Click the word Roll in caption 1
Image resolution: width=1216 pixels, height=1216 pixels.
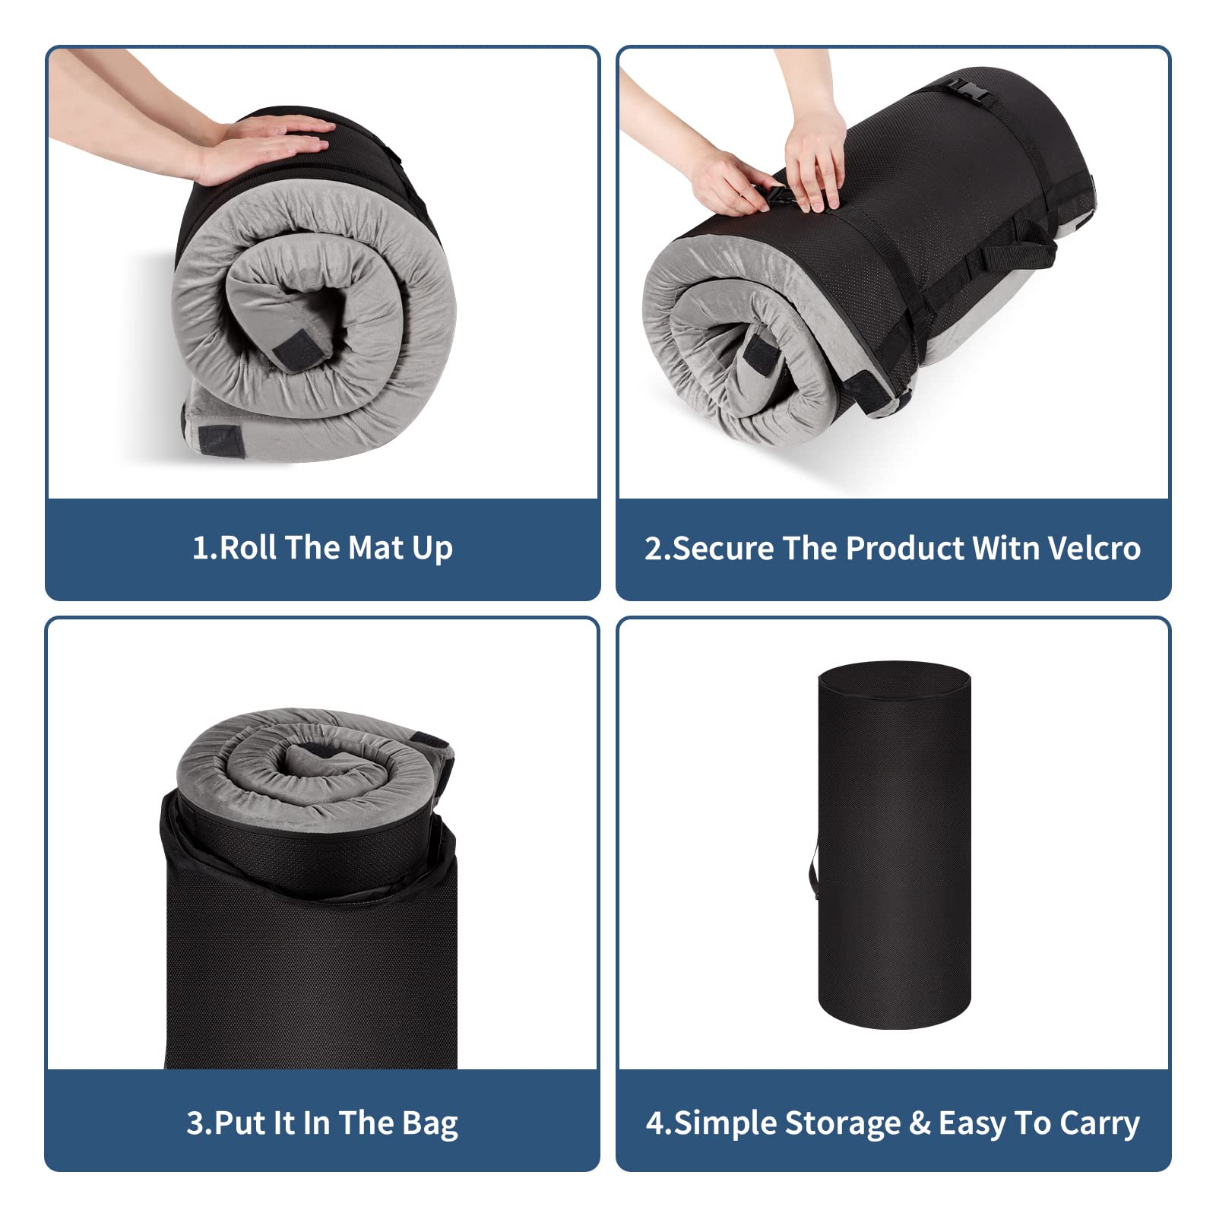[x=248, y=548]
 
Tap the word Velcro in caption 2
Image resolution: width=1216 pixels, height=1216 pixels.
[x=1094, y=548]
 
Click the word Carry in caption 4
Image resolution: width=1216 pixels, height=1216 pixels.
[x=1099, y=1124]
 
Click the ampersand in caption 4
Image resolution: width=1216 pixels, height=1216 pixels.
[x=920, y=1123]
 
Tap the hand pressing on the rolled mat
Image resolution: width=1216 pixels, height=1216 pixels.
[x=266, y=144]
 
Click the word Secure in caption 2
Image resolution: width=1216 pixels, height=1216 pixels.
[x=722, y=548]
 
